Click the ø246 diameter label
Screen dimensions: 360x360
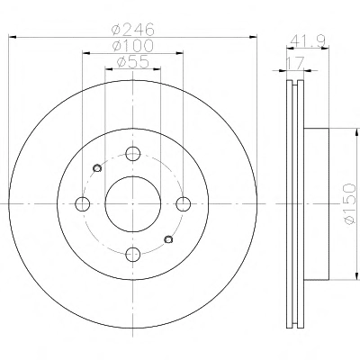tap(133, 30)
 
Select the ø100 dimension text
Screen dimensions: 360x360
tap(133, 46)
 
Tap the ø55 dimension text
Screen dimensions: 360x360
tap(133, 62)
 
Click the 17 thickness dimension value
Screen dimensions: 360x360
tap(295, 63)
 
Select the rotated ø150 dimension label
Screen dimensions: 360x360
tap(349, 204)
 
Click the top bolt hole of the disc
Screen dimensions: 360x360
tap(133, 154)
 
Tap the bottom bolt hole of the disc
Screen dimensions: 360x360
tap(133, 255)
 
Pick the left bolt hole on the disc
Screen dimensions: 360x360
tap(82, 204)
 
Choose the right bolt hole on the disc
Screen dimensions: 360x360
tap(184, 204)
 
